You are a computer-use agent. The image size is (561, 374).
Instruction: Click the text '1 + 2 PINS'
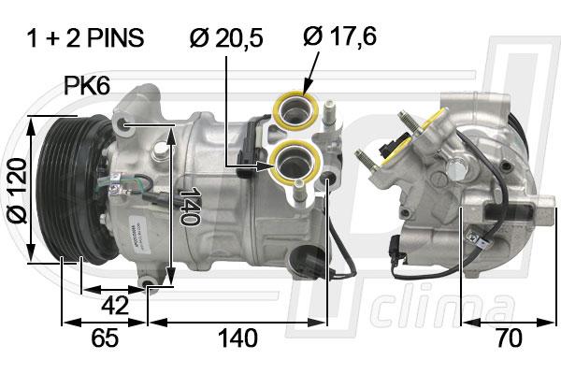[85, 38]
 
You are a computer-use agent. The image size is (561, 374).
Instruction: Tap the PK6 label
[87, 86]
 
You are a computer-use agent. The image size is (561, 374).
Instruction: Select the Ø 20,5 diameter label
[226, 38]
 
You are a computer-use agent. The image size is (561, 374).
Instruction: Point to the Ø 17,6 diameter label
[340, 36]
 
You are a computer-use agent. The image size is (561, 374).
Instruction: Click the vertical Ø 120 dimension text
[17, 191]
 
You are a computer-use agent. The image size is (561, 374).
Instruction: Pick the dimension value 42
[115, 306]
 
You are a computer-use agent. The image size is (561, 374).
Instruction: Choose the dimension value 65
[105, 338]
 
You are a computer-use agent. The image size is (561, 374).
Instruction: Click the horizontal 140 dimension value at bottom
[237, 338]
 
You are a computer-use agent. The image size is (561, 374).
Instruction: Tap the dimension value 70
[510, 338]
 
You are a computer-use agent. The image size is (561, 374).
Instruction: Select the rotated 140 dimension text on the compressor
[190, 206]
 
